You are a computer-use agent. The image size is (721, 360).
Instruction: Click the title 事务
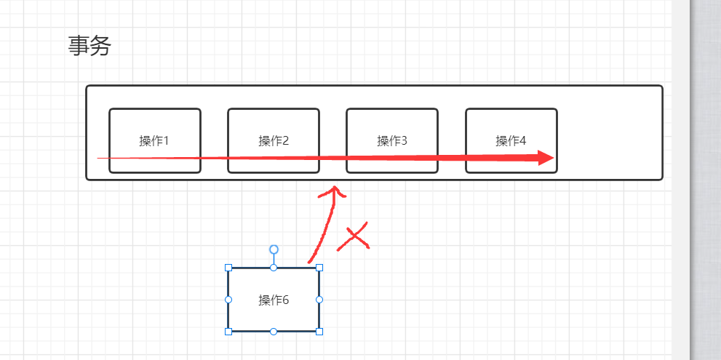(x=89, y=47)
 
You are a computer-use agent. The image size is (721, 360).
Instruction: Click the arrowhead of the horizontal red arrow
(x=546, y=158)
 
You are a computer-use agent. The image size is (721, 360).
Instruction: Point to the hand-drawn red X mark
(x=354, y=237)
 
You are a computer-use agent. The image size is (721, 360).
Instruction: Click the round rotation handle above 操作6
(x=274, y=249)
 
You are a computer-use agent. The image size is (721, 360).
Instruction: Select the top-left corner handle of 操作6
(x=228, y=268)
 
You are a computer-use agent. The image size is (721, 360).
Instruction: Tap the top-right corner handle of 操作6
(x=319, y=268)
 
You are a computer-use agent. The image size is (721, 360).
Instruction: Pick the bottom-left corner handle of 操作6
(x=228, y=332)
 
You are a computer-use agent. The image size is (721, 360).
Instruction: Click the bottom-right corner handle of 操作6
(x=319, y=332)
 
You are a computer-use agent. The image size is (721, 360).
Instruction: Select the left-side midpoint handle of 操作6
(x=228, y=300)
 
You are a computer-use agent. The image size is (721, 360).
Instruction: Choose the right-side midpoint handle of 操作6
(x=319, y=300)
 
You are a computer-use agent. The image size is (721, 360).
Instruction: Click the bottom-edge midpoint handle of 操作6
(x=274, y=332)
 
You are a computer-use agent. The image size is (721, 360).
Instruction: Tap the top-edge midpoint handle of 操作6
(x=274, y=268)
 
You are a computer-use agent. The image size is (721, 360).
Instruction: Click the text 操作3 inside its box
(x=392, y=140)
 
